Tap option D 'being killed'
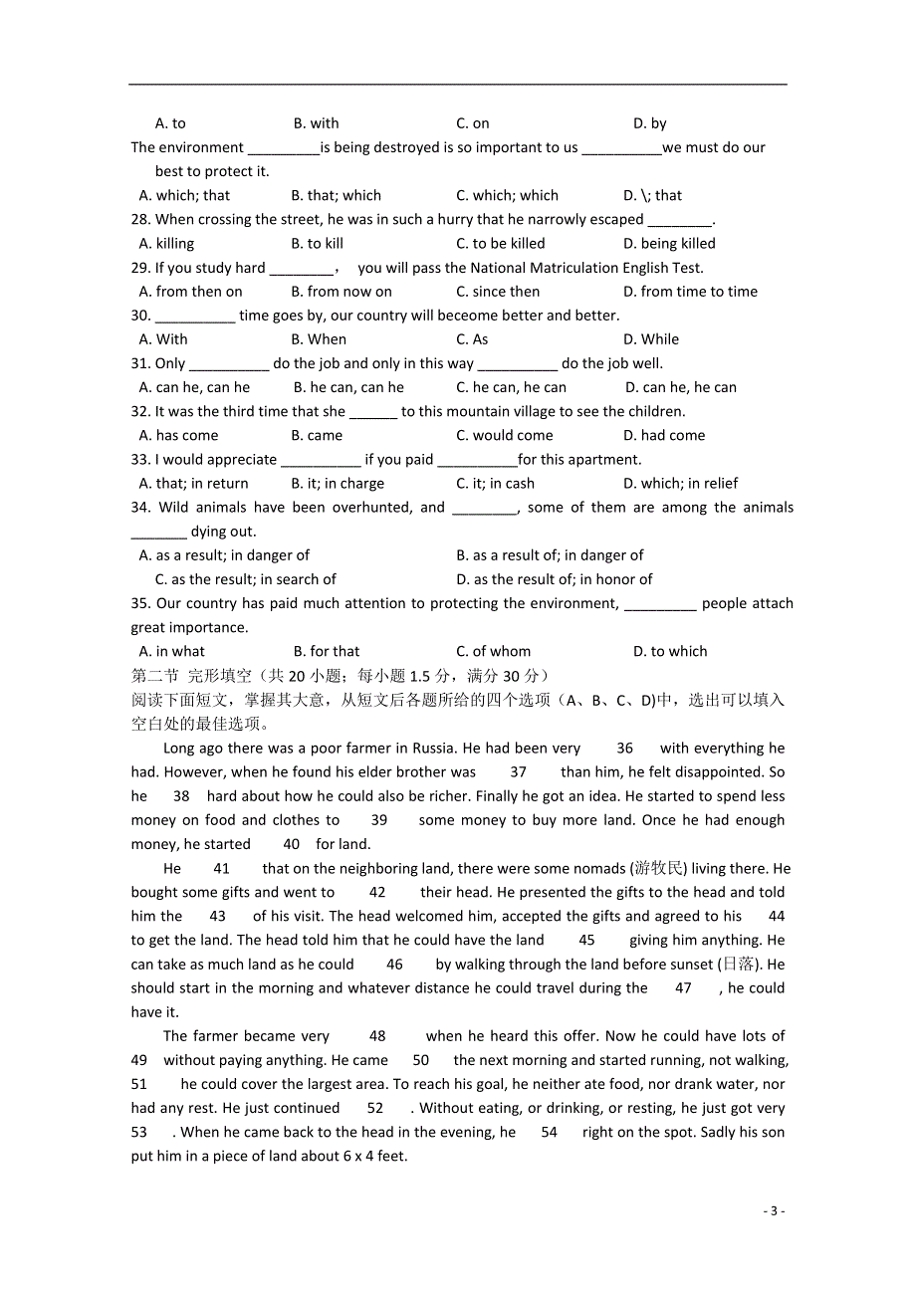coord(669,243)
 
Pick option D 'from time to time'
coord(690,292)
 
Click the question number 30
coord(140,316)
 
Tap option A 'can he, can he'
coord(195,387)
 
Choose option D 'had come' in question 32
coord(664,435)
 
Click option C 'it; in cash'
coord(495,483)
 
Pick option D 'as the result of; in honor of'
coord(555,579)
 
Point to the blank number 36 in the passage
coord(624,748)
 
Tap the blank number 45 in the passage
coord(586,940)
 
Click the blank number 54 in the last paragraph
coord(549,1132)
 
